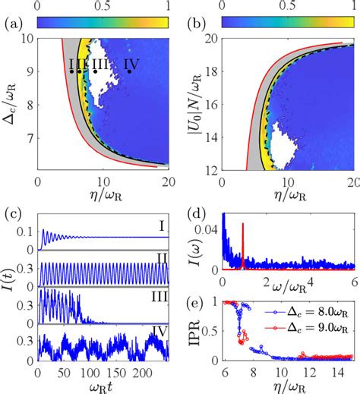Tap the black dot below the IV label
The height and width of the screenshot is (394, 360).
pos(130,71)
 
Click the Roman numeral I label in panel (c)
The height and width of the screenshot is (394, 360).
pos(174,225)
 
